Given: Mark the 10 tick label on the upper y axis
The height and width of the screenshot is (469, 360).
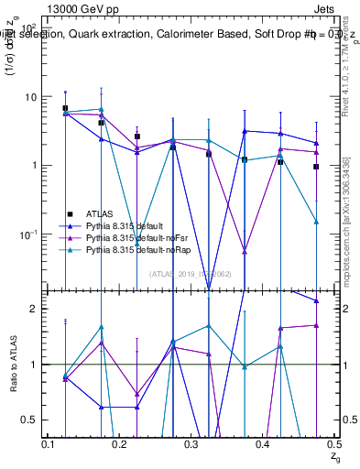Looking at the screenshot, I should click(30, 97).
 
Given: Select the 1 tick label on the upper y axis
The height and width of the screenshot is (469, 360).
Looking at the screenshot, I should click(33, 166).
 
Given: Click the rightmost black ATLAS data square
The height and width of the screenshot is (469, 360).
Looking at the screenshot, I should click(316, 167).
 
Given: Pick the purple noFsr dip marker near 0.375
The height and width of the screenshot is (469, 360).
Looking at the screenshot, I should click(245, 251).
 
